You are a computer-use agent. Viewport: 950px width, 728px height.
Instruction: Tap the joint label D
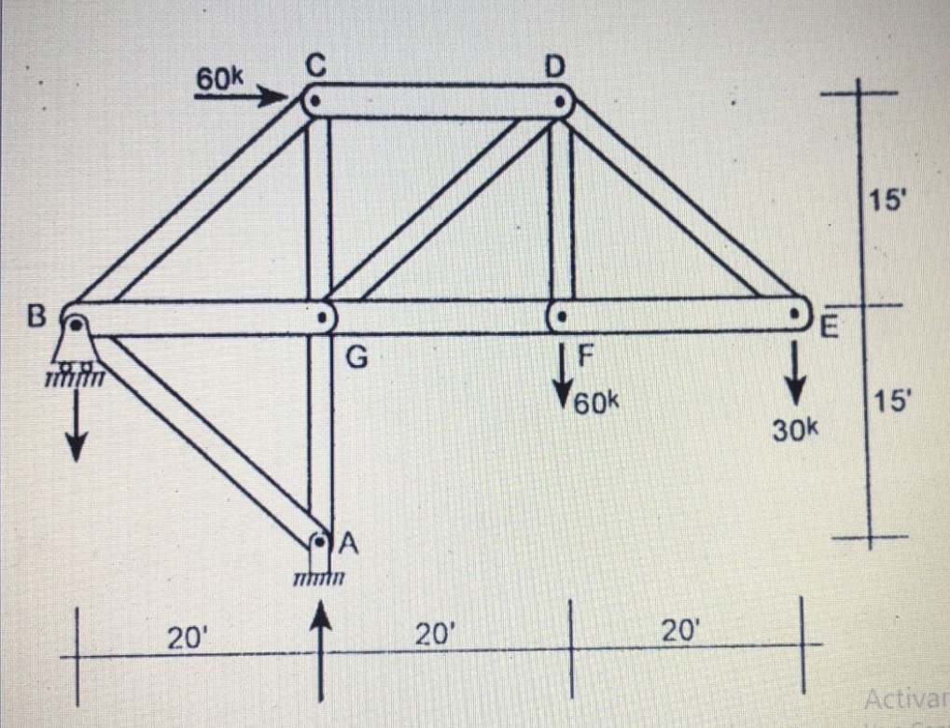tap(555, 65)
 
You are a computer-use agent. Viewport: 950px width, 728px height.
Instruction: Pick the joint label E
tap(830, 328)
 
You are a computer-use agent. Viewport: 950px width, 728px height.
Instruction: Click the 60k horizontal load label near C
tap(218, 80)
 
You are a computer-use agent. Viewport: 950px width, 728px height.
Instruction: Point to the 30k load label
tap(795, 429)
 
